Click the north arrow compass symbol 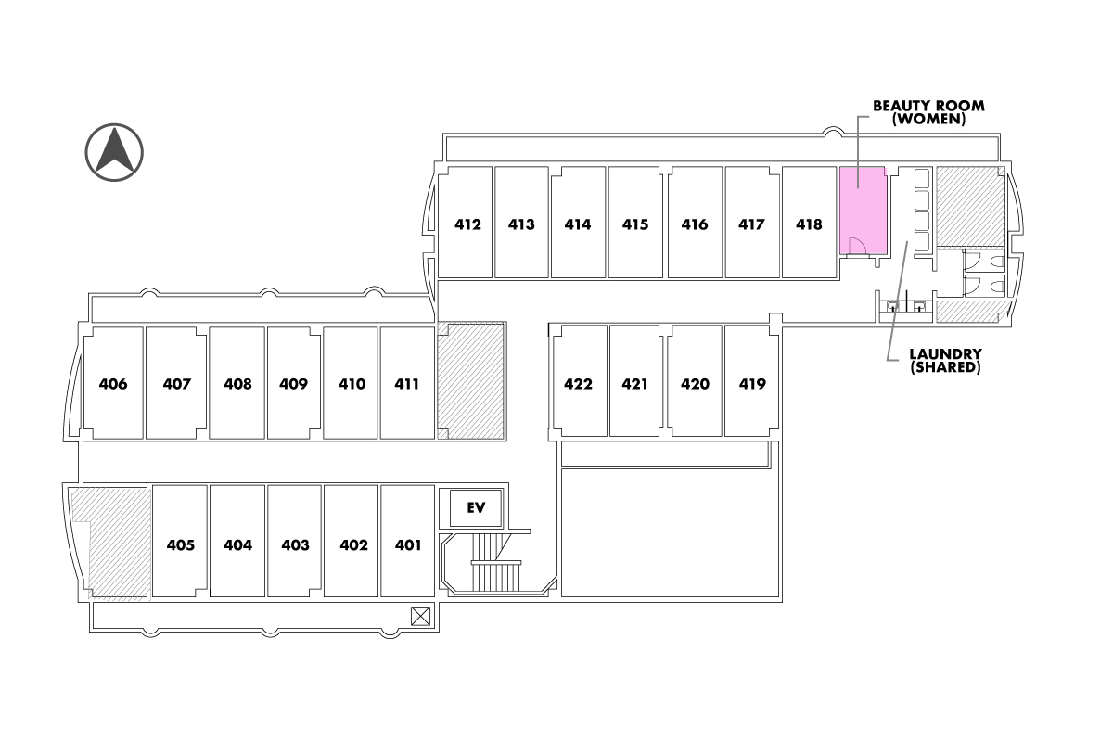coord(114,151)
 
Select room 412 coord(467,224)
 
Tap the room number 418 coord(809,224)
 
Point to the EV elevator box coord(476,507)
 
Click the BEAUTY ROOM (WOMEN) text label coord(927,112)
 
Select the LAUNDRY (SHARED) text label coord(945,360)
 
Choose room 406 coord(113,383)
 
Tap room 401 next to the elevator coord(407,544)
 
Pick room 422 coord(578,383)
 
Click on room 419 coord(752,383)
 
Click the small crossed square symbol coord(420,615)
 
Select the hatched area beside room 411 coord(471,381)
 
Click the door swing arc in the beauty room coord(858,245)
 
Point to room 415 coord(635,224)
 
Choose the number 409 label coord(293,383)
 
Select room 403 coord(295,544)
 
